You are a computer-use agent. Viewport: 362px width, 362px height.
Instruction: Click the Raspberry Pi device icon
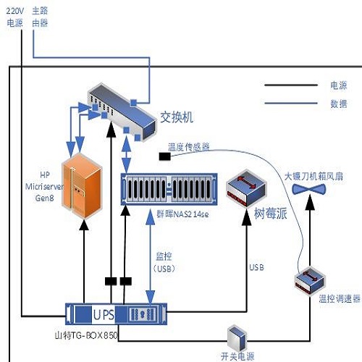tap(243, 188)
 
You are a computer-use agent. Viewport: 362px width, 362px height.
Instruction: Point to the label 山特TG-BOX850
tap(85, 336)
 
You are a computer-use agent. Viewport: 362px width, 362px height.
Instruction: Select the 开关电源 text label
tap(237, 356)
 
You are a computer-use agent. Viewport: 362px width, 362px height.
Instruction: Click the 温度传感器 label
tap(188, 146)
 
